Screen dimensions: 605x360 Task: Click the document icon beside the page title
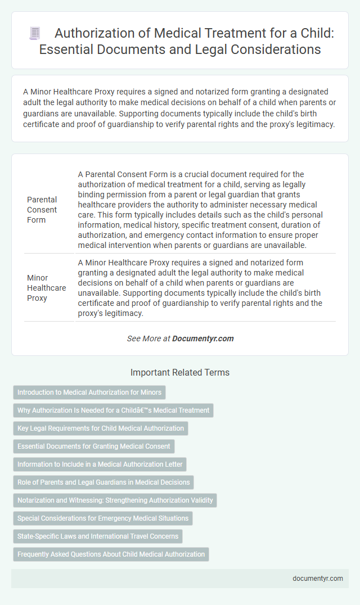[x=34, y=34]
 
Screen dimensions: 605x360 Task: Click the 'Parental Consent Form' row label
[x=42, y=210]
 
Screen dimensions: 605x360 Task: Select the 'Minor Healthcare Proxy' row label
[x=46, y=288]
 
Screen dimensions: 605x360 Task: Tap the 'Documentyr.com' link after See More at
[x=203, y=338]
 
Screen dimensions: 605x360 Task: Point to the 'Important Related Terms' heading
[x=180, y=372]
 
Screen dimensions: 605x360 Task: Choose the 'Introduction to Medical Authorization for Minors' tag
[x=89, y=392]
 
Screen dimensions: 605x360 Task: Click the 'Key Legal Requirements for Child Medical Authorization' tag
[x=101, y=428]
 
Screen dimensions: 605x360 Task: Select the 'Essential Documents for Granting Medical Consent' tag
[x=94, y=446]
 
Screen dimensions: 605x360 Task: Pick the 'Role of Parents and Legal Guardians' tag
[x=104, y=482]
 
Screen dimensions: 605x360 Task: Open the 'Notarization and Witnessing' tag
[x=115, y=500]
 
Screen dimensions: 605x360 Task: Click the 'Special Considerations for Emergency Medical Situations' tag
[x=103, y=518]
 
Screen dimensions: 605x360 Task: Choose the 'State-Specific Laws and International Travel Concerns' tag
[x=98, y=536]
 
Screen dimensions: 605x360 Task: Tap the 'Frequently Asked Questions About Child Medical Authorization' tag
[x=111, y=554]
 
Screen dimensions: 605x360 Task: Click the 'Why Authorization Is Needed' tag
[x=113, y=410]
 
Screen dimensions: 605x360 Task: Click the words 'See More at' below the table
[x=148, y=338]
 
